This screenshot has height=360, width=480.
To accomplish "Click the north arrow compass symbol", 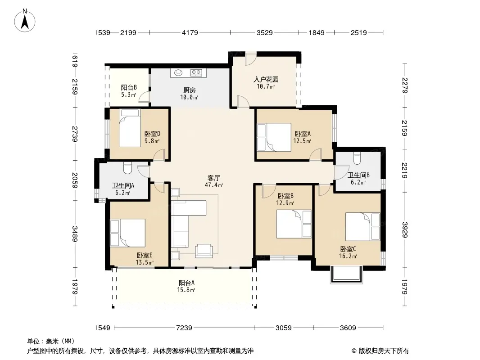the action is (25, 20).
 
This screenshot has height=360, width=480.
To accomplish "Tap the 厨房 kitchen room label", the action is (190, 90).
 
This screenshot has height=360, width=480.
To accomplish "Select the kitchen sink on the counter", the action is (178, 73).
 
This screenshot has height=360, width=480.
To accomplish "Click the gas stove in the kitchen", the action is (196, 73).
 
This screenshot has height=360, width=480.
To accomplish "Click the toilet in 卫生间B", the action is (357, 158).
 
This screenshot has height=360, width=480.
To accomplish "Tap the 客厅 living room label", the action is (214, 178).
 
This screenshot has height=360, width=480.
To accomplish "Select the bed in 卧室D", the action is (130, 128).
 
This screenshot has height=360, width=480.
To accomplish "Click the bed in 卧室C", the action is (363, 227).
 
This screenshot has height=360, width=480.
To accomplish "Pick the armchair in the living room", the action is (204, 251).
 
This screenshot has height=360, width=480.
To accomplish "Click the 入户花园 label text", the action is (266, 80).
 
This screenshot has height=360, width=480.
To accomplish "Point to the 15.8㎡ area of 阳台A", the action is (186, 290).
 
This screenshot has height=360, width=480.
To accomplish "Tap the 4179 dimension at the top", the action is (190, 33).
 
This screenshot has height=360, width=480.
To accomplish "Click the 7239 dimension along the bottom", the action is (184, 328).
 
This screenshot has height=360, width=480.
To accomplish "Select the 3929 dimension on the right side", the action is (405, 229).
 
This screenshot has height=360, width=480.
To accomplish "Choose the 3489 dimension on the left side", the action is (75, 234).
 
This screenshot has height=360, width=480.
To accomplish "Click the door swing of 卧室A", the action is (315, 154).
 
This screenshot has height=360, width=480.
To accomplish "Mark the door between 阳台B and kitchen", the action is (144, 97).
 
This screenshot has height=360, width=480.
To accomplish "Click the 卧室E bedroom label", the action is (145, 256).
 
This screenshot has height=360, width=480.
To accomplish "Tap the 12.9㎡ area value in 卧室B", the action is (285, 203).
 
